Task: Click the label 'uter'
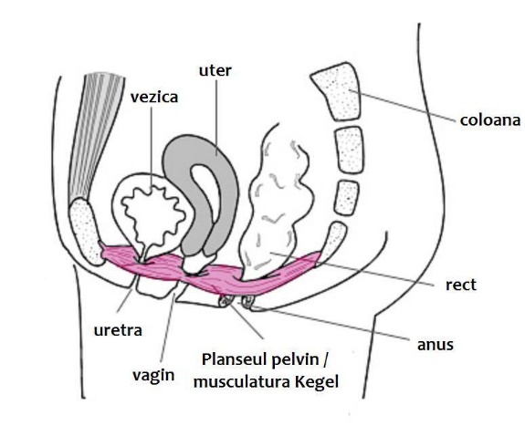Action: tap(215, 71)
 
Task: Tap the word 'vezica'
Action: tap(154, 97)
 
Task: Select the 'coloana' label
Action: tap(489, 120)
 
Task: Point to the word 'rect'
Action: tap(461, 285)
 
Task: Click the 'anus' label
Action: tap(436, 345)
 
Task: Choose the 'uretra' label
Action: tap(118, 330)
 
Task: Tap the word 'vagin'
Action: tap(153, 375)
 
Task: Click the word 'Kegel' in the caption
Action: tap(317, 382)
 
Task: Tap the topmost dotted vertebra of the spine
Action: tap(336, 91)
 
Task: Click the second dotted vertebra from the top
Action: tap(350, 150)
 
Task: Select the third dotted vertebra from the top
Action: tap(347, 197)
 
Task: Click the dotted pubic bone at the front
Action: tap(85, 230)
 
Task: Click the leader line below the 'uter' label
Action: tap(216, 117)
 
